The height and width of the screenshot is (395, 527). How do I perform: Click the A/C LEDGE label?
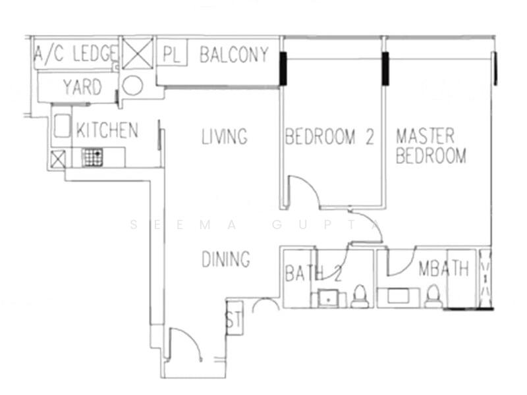pos(76,54)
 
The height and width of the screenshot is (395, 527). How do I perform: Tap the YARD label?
pos(82,87)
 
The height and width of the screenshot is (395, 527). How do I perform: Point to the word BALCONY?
pos(235,55)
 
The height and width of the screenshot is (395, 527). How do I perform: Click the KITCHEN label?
pos(107,130)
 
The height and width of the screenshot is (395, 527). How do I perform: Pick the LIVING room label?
pos(225,136)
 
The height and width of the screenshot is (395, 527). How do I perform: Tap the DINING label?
pos(226,259)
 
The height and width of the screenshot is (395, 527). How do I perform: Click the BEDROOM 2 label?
pos(329,136)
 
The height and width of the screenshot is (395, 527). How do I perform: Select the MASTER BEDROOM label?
pos(431,145)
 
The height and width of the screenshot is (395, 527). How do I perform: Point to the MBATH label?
pos(443,269)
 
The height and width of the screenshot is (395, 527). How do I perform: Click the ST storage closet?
pos(235,318)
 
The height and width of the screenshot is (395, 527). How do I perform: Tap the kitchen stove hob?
pos(92,157)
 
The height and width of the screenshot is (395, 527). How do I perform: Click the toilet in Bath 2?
pos(360,296)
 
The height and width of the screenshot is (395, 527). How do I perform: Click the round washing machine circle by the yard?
pos(132,86)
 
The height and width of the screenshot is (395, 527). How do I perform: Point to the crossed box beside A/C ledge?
pos(138,54)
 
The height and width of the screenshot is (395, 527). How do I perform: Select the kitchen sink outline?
pos(62,126)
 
